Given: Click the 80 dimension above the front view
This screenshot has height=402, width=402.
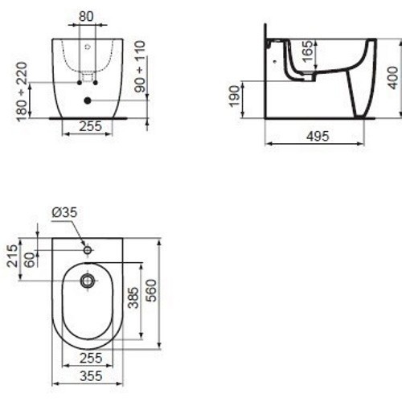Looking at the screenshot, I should coord(88,16).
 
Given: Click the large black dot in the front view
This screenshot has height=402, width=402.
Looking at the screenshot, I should coord(87,100).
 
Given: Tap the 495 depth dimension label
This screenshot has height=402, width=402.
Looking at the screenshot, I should coord(318,137).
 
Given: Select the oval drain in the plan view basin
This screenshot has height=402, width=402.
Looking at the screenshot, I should coord(88,281).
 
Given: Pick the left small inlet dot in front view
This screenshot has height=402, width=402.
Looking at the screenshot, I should coord(80,82).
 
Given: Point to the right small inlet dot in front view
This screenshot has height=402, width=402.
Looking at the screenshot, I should coord(95,82).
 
